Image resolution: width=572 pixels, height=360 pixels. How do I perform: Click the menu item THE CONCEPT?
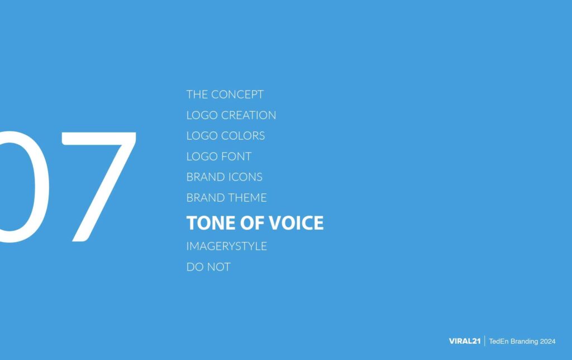pos(225,94)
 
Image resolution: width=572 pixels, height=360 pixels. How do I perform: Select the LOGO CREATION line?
pos(231,115)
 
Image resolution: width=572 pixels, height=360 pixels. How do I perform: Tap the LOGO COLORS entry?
pos(226,136)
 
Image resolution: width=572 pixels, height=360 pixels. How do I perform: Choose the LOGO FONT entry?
pos(218,157)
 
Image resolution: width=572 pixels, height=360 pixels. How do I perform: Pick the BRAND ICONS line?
pos(224,177)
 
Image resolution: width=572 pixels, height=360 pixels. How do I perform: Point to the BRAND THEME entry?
pos(226,198)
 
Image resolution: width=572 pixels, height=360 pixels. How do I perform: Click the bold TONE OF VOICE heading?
pos(255,223)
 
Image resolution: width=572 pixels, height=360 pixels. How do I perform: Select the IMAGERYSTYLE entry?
pos(226,246)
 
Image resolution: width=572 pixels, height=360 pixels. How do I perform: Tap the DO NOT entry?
pos(208,267)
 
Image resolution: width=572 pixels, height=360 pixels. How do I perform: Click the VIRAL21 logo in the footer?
pos(464,341)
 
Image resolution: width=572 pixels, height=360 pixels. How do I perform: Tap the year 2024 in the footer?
pos(547,341)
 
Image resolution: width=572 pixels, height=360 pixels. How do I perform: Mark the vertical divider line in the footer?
pos(484,341)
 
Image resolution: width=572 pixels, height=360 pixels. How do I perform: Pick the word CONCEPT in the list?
pos(237,94)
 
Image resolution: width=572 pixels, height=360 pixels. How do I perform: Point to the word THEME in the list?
pos(246,198)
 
